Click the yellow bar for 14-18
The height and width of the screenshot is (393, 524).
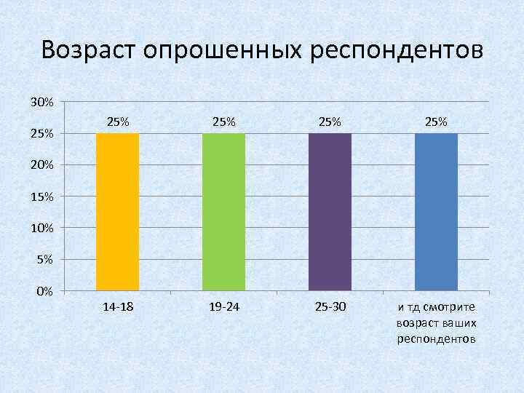(x=118, y=212)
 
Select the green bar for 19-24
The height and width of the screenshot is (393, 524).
(x=223, y=212)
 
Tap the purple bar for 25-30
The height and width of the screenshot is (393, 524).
(x=330, y=212)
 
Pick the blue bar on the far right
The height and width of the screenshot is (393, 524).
(x=436, y=212)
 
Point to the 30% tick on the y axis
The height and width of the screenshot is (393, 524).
(x=41, y=102)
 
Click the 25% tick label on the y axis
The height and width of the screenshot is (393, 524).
(x=41, y=134)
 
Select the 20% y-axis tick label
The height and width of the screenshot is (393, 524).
(x=41, y=165)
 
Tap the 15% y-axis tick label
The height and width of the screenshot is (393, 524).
(x=41, y=196)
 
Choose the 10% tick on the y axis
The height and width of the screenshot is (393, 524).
(x=41, y=229)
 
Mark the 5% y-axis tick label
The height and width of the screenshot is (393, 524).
(x=44, y=260)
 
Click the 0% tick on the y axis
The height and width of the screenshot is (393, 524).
(x=44, y=292)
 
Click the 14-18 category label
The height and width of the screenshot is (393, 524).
(x=118, y=308)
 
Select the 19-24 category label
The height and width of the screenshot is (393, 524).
(x=223, y=308)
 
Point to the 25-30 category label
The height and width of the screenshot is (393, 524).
(x=330, y=308)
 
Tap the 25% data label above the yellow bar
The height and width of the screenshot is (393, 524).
(x=118, y=122)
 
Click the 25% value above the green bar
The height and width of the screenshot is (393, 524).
(x=223, y=122)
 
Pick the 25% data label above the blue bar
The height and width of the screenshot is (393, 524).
(x=436, y=122)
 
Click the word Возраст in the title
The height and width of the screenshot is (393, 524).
(x=89, y=52)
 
